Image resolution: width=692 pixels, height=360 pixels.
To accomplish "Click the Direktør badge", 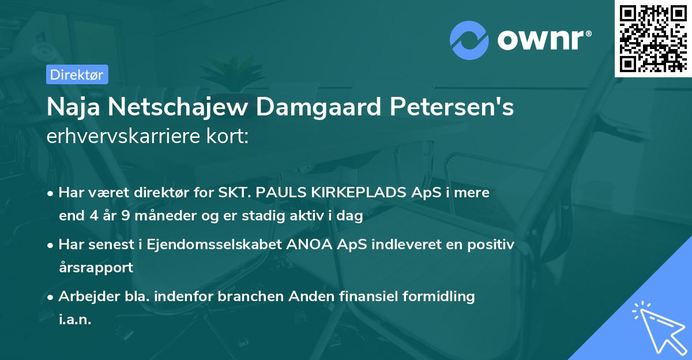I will pyautogui.click(x=77, y=74).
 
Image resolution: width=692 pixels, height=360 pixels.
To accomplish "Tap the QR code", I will pyautogui.click(x=652, y=38).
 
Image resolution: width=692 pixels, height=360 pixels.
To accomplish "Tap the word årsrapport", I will pyautogui.click(x=96, y=268).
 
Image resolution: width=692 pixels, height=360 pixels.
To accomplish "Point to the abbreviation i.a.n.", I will pyautogui.click(x=75, y=319).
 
